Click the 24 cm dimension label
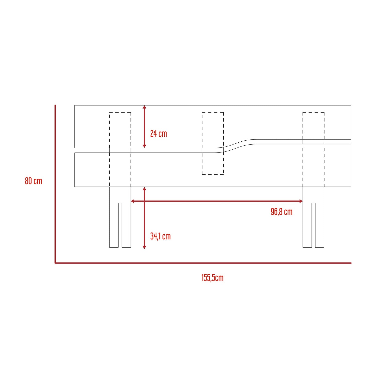tap(158, 134)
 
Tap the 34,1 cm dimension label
tap(160, 236)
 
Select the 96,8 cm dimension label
tap(281, 212)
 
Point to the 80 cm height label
tap(33, 181)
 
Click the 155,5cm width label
tap(212, 278)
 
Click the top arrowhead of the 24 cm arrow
tap(144, 107)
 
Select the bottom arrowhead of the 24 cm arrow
tap(144, 146)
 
